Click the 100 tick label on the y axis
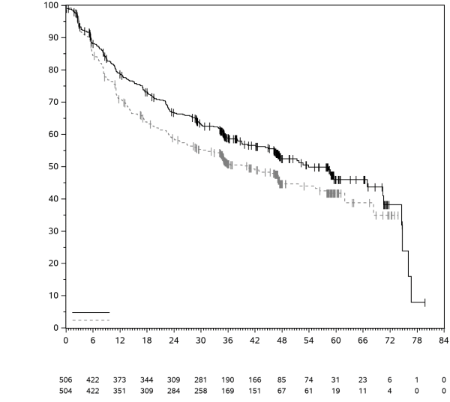[52, 5]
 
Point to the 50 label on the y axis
[55, 166]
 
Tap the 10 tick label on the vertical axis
[55, 296]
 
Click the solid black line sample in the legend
[91, 312]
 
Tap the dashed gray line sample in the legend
[91, 320]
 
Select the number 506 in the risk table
[66, 380]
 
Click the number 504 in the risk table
[66, 391]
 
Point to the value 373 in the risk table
[120, 380]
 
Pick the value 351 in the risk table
[120, 391]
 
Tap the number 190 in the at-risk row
[228, 380]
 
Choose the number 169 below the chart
[228, 391]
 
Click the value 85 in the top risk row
[282, 380]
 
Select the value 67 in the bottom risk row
[282, 391]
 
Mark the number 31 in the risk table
[336, 380]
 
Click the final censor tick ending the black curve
[425, 302]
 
